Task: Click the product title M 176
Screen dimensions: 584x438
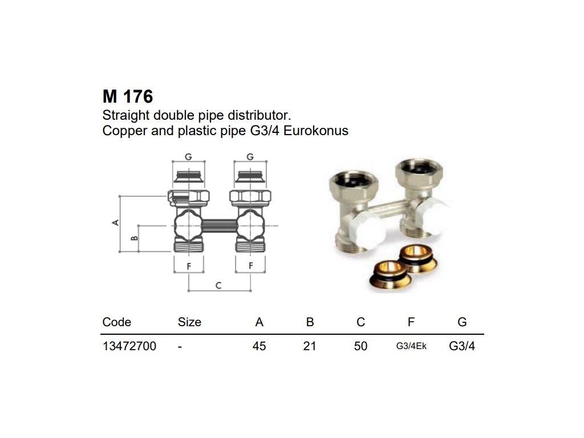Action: pyautogui.click(x=128, y=96)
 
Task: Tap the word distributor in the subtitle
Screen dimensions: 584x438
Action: pyautogui.click(x=258, y=114)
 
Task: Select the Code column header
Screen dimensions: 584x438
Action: pyautogui.click(x=116, y=322)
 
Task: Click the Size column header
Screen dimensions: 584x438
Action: pyautogui.click(x=189, y=322)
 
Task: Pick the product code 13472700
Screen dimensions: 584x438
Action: pyautogui.click(x=129, y=346)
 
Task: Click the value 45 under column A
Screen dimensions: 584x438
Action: pyautogui.click(x=259, y=346)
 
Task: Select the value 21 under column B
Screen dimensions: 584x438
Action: pyautogui.click(x=310, y=346)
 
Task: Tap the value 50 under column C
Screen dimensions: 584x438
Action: pyautogui.click(x=360, y=346)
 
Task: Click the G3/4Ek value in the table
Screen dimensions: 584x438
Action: pyautogui.click(x=411, y=346)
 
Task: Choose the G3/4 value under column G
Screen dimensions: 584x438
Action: pyautogui.click(x=462, y=346)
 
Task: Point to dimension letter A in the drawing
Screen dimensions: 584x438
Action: pyautogui.click(x=115, y=222)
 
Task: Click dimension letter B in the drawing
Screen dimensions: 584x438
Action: pyautogui.click(x=135, y=238)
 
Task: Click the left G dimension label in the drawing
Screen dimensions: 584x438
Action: pyautogui.click(x=188, y=156)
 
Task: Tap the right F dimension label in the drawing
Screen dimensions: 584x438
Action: pyautogui.click(x=250, y=266)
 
